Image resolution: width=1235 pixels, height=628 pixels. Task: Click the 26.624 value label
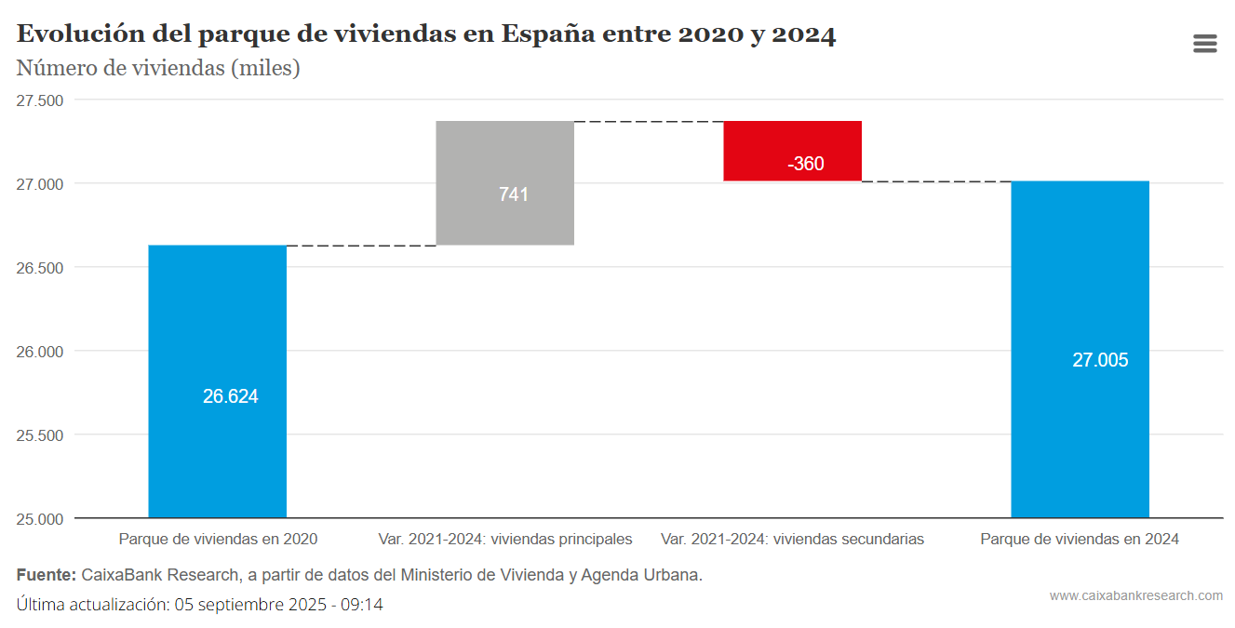click(x=230, y=396)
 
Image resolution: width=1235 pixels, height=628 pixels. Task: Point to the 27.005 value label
click(x=1100, y=360)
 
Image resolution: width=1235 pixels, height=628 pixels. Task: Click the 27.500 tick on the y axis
click(x=40, y=100)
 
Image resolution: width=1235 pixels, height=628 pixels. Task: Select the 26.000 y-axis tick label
click(x=40, y=352)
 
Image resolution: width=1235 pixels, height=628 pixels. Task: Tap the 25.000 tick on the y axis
click(x=40, y=519)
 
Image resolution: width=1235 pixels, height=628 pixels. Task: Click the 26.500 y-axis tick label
click(x=40, y=268)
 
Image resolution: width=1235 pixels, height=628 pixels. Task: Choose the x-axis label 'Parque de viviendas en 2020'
click(x=218, y=540)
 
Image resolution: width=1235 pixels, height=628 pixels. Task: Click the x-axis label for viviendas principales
click(x=505, y=540)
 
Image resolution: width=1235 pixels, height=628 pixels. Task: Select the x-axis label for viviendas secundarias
click(x=792, y=540)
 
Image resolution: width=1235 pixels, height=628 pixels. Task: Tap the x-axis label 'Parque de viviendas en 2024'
click(x=1080, y=540)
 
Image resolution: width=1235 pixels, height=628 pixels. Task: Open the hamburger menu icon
click(x=1205, y=44)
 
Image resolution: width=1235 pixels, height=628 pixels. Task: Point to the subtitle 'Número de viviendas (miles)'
click(x=158, y=68)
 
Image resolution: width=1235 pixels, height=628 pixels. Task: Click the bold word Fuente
click(x=46, y=575)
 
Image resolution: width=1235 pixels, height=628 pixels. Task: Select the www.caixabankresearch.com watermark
click(x=1136, y=595)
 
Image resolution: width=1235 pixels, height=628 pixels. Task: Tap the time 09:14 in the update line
click(x=363, y=605)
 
